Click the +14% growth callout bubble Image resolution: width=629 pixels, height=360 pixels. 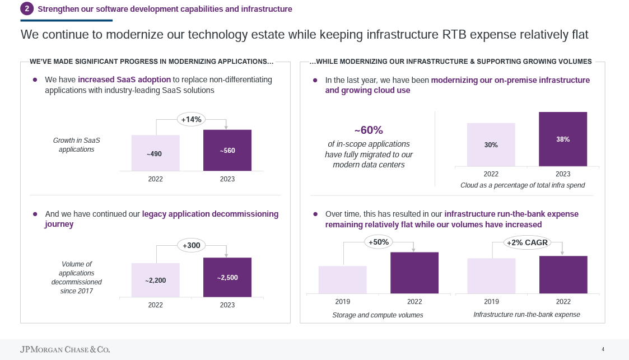click(191, 119)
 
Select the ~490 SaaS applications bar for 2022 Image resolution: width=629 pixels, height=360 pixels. click(155, 152)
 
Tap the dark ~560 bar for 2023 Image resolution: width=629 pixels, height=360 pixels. click(227, 150)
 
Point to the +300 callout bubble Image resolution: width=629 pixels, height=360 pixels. click(191, 245)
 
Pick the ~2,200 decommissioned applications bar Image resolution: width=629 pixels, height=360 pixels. click(155, 278)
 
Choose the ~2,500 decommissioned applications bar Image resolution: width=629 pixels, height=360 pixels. click(227, 275)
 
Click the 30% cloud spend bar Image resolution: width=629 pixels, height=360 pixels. click(491, 144)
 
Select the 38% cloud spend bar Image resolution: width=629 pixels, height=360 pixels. click(563, 139)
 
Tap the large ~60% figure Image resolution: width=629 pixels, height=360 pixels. click(369, 130)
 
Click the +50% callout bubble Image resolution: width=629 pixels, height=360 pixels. click(378, 242)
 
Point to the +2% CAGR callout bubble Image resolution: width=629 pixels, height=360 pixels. click(527, 242)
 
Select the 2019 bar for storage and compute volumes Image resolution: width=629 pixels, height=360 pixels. click(342, 279)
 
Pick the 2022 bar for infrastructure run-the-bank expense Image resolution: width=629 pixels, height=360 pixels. click(563, 274)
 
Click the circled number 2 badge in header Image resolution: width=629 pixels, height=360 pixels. click(27, 9)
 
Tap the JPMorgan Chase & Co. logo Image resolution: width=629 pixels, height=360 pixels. click(65, 349)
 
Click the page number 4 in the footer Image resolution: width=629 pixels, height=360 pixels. click(603, 349)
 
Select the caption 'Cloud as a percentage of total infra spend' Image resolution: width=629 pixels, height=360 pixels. click(522, 185)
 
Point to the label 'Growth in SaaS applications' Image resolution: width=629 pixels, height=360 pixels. click(76, 145)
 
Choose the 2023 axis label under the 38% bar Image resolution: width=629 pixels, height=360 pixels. click(563, 174)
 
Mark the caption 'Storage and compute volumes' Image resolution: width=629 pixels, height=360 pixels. click(378, 315)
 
